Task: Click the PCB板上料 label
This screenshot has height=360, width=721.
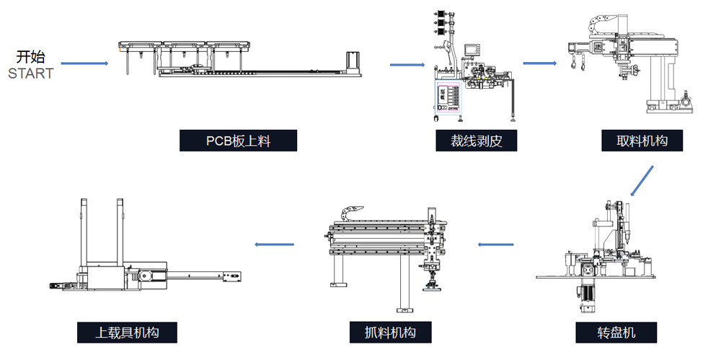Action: click(238, 141)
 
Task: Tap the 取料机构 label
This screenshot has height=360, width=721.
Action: click(642, 141)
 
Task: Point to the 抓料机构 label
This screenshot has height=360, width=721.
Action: click(390, 333)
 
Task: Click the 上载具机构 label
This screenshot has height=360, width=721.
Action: click(127, 333)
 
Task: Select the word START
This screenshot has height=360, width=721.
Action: click(30, 74)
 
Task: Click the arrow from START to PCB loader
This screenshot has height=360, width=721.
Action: click(84, 63)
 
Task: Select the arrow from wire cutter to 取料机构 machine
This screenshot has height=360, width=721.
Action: click(539, 63)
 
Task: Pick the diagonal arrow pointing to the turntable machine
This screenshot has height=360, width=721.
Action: click(641, 181)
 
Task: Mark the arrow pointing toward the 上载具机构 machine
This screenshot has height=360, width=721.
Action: click(275, 245)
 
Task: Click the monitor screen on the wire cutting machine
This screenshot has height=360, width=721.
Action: click(473, 50)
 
